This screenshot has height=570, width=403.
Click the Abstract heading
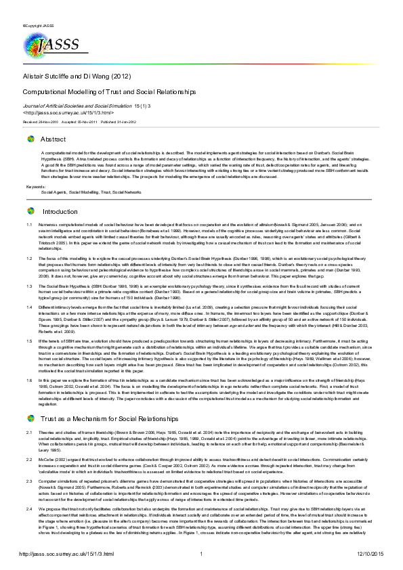(54, 139)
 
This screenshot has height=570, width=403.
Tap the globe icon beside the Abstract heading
(30, 139)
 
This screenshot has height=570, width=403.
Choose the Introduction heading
(61, 211)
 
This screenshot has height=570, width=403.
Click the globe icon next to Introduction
(30, 211)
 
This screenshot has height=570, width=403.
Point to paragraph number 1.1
(29, 224)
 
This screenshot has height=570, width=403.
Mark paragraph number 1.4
(29, 307)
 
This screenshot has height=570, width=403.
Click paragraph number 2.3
(29, 479)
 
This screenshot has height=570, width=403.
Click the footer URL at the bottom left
(58, 554)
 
